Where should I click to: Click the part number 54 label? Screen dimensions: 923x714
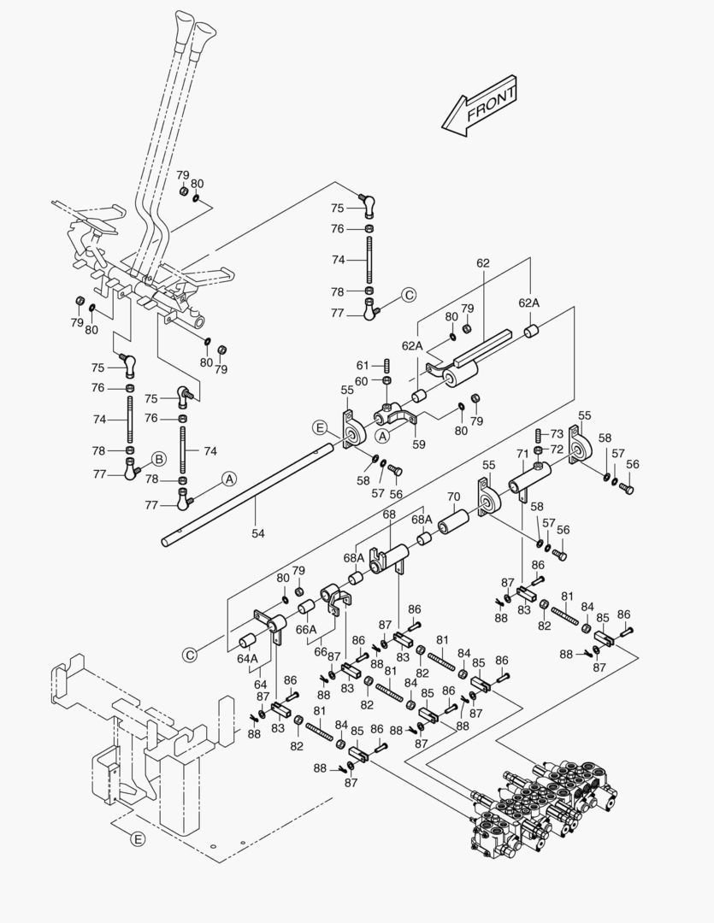click(257, 533)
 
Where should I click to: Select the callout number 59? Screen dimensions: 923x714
click(418, 444)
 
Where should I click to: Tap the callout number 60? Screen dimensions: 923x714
click(361, 380)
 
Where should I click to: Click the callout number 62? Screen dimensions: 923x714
click(482, 263)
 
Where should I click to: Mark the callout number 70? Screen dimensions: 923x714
click(453, 496)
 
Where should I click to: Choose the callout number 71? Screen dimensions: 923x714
click(522, 453)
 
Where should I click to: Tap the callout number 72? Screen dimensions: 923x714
click(557, 449)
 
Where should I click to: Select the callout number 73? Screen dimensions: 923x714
click(557, 434)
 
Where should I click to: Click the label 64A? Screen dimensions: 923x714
click(248, 658)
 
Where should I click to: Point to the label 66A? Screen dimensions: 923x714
click(306, 629)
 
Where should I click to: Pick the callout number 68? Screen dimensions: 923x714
click(389, 514)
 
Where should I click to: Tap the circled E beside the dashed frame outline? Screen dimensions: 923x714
click(137, 839)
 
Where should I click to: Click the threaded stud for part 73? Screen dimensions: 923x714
click(539, 436)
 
